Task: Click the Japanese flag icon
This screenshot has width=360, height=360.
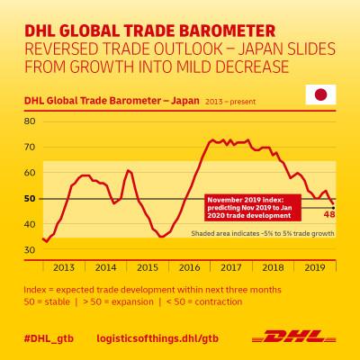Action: [x=320, y=94]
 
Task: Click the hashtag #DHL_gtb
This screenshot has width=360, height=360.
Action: [x=49, y=338]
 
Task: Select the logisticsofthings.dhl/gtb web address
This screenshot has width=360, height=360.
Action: [x=157, y=338]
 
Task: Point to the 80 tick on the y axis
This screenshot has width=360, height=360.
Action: [x=30, y=121]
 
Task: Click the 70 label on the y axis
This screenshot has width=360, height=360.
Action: [x=30, y=147]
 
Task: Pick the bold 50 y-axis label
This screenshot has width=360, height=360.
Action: [x=30, y=199]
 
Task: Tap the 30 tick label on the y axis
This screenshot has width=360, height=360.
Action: [x=30, y=250]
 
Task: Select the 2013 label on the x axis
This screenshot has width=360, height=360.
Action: [x=64, y=267]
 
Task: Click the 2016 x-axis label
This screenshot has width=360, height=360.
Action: [x=189, y=267]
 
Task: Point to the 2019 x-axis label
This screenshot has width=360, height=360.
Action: [x=315, y=267]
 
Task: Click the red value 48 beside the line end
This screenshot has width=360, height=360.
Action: [x=329, y=214]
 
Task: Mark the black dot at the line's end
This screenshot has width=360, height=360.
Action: [x=333, y=208]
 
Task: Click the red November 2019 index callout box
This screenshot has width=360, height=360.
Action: [x=253, y=208]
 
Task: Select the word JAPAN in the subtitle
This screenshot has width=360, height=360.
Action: [x=260, y=49]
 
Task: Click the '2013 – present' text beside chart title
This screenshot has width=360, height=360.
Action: [x=230, y=102]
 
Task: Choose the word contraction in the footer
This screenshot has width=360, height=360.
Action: [x=219, y=301]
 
